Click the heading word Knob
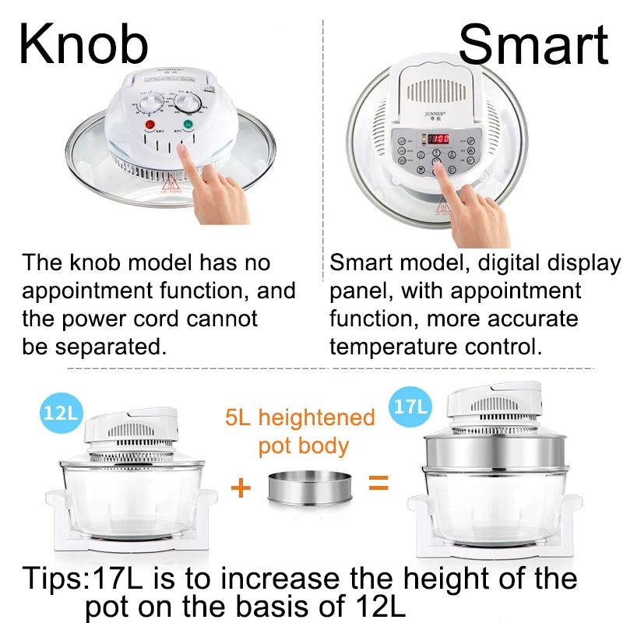pyautogui.click(x=83, y=44)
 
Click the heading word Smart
pyautogui.click(x=533, y=44)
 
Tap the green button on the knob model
pyautogui.click(x=188, y=125)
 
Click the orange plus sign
pyautogui.click(x=241, y=488)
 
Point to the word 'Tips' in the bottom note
pyautogui.click(x=53, y=579)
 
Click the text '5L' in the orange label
pyautogui.click(x=240, y=418)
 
